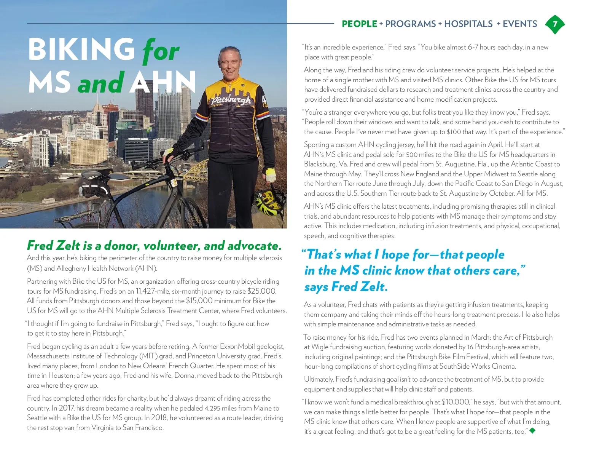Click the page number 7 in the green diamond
555,24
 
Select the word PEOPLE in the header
359,24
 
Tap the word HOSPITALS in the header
468,24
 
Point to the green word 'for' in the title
160,51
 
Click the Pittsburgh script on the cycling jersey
231,100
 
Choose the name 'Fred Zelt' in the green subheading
54,246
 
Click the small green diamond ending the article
532,431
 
